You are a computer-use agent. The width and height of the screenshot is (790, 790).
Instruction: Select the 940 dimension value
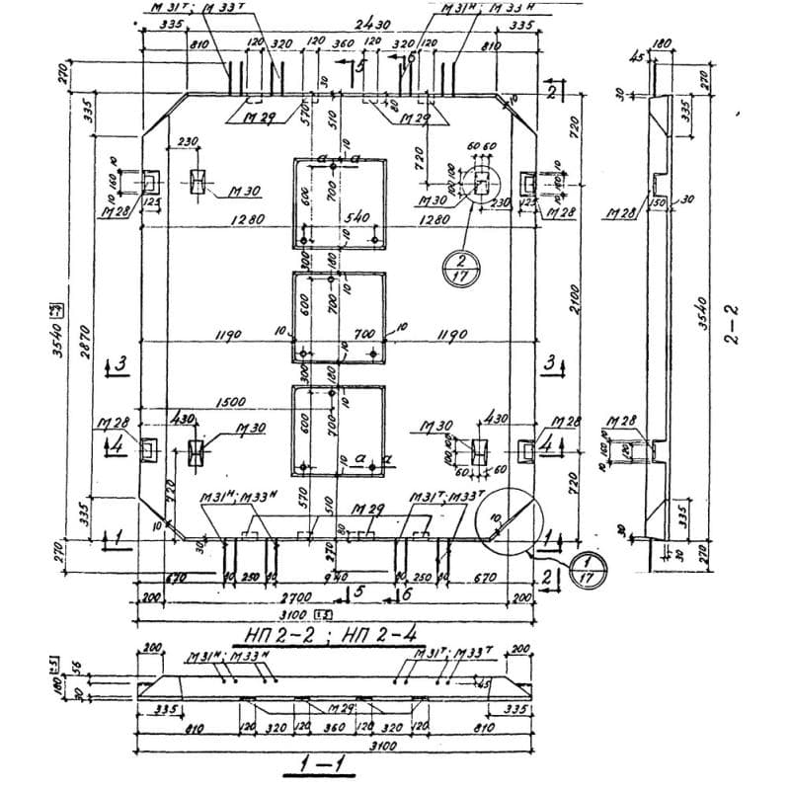[x=335, y=576]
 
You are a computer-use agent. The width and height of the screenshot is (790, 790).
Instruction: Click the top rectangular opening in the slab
[x=337, y=202]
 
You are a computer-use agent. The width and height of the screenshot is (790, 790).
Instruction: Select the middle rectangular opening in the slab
[x=337, y=317]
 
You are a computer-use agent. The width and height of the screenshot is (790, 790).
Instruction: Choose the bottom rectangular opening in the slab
[x=337, y=430]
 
